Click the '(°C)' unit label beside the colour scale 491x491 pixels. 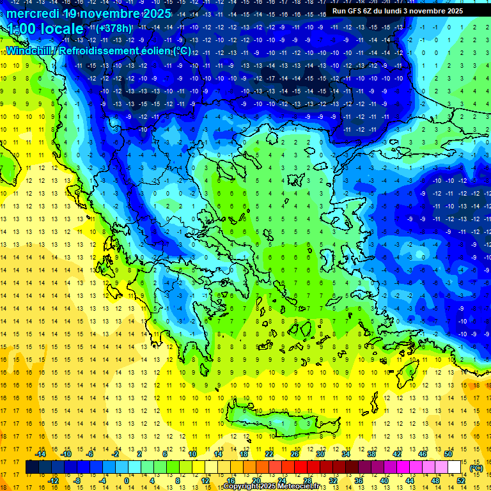(476, 468)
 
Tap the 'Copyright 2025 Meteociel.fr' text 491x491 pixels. (280, 487)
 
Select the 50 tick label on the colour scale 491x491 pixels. (448, 453)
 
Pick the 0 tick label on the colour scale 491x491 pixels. (126, 481)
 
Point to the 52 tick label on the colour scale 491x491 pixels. (461, 481)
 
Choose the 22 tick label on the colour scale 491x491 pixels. (269, 453)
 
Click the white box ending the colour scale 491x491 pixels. (455, 467)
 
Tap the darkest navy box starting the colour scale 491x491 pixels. (33, 467)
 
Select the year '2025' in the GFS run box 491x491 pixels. (455, 11)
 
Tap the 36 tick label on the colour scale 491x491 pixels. (358, 481)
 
